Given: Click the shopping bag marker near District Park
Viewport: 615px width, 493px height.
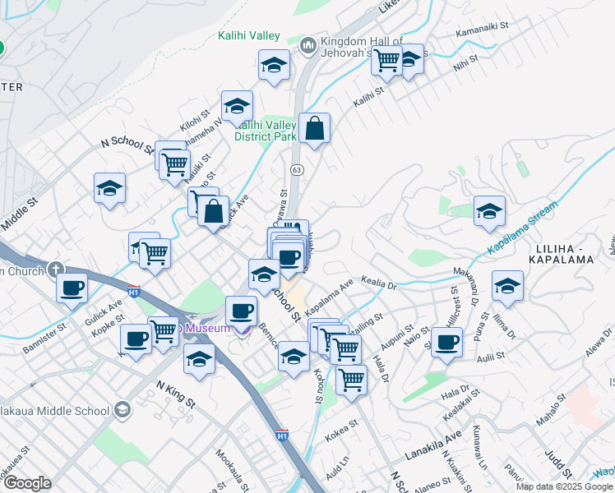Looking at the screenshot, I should tap(314, 129).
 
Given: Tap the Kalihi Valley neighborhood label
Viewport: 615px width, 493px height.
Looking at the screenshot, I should tap(249, 36).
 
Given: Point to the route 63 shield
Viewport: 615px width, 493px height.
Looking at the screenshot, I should tap(297, 169).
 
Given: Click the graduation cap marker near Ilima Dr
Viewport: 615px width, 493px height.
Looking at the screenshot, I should tap(506, 287).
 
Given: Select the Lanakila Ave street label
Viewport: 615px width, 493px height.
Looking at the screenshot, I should tap(434, 448).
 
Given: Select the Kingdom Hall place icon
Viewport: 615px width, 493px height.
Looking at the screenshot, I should tap(309, 44).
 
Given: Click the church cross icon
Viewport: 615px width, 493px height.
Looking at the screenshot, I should tap(56, 269).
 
